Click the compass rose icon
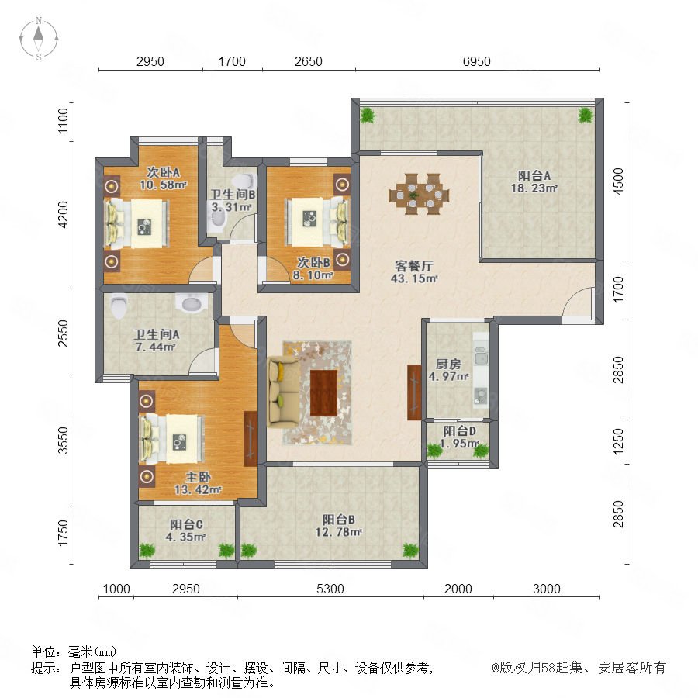(x=39, y=39)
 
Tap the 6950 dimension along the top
(x=476, y=61)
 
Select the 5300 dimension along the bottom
(x=330, y=589)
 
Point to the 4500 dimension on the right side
(x=618, y=181)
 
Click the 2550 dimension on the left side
(x=64, y=333)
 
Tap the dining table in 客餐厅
(x=419, y=194)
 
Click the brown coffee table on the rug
(x=323, y=393)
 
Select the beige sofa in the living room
(x=284, y=392)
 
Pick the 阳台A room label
(x=534, y=175)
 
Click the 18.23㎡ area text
(x=534, y=188)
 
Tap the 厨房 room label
(x=448, y=364)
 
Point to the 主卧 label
(x=198, y=477)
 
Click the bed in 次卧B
(x=317, y=222)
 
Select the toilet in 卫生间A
(x=119, y=306)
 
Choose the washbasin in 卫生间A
(x=192, y=303)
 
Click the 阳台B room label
(x=339, y=520)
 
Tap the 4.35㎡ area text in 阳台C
(x=186, y=537)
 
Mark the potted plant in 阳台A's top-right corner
(x=586, y=116)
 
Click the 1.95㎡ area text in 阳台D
(x=459, y=444)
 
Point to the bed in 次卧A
(x=137, y=223)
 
